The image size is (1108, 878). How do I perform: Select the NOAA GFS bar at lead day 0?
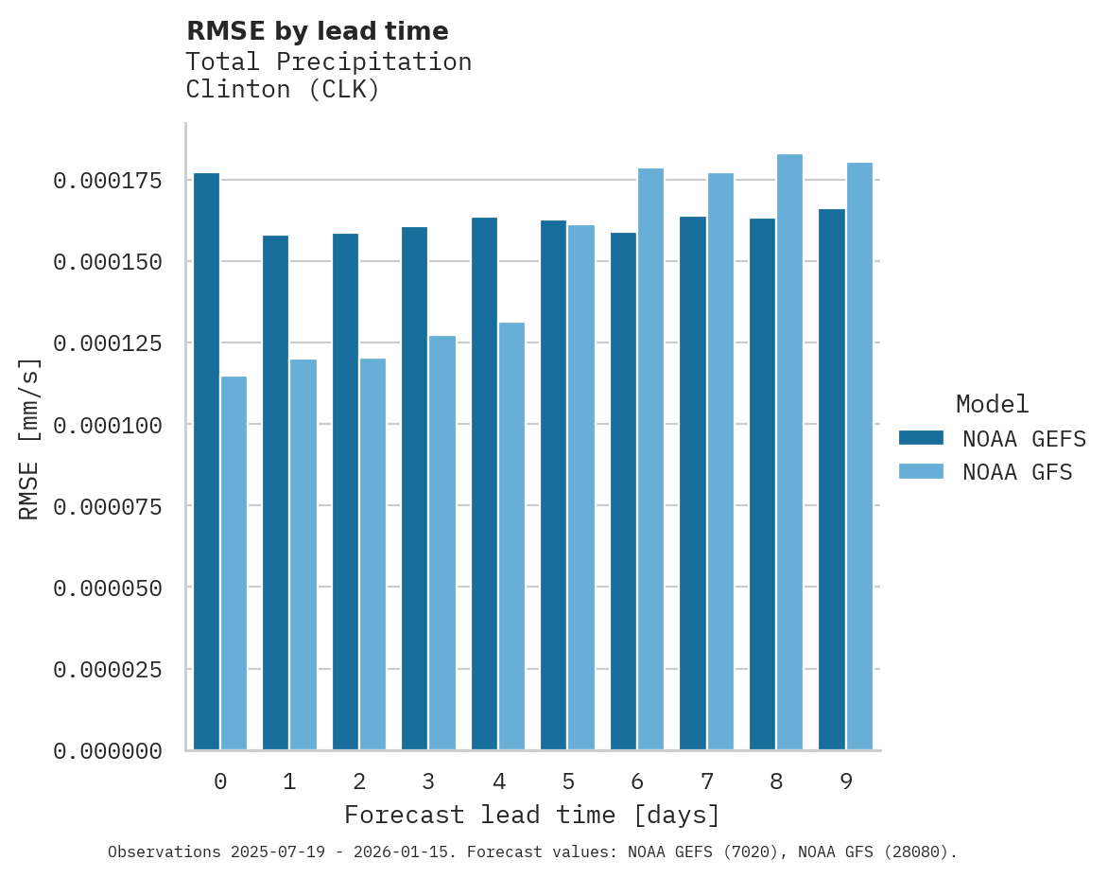point(234,563)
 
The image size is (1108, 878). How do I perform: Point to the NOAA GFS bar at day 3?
point(442,543)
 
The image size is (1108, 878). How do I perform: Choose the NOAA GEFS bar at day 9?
point(832,480)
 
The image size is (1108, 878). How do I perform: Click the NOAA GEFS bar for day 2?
point(345,492)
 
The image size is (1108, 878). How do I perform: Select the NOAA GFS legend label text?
point(1017,471)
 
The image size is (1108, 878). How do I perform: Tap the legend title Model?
point(992,404)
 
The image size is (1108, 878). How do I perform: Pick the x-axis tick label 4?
point(498,781)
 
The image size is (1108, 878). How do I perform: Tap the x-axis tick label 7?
point(706,781)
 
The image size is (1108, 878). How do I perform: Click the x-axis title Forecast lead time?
point(532,815)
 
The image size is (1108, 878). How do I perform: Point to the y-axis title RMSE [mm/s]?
point(29,439)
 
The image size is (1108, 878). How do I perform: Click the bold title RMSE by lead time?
point(317,31)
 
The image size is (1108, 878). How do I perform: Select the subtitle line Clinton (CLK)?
point(283,90)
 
